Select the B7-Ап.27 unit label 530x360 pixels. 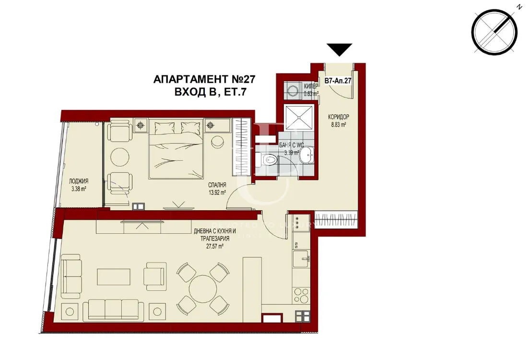click(338, 81)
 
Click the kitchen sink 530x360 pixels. click(302, 259)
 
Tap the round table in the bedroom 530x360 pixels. click(119, 156)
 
